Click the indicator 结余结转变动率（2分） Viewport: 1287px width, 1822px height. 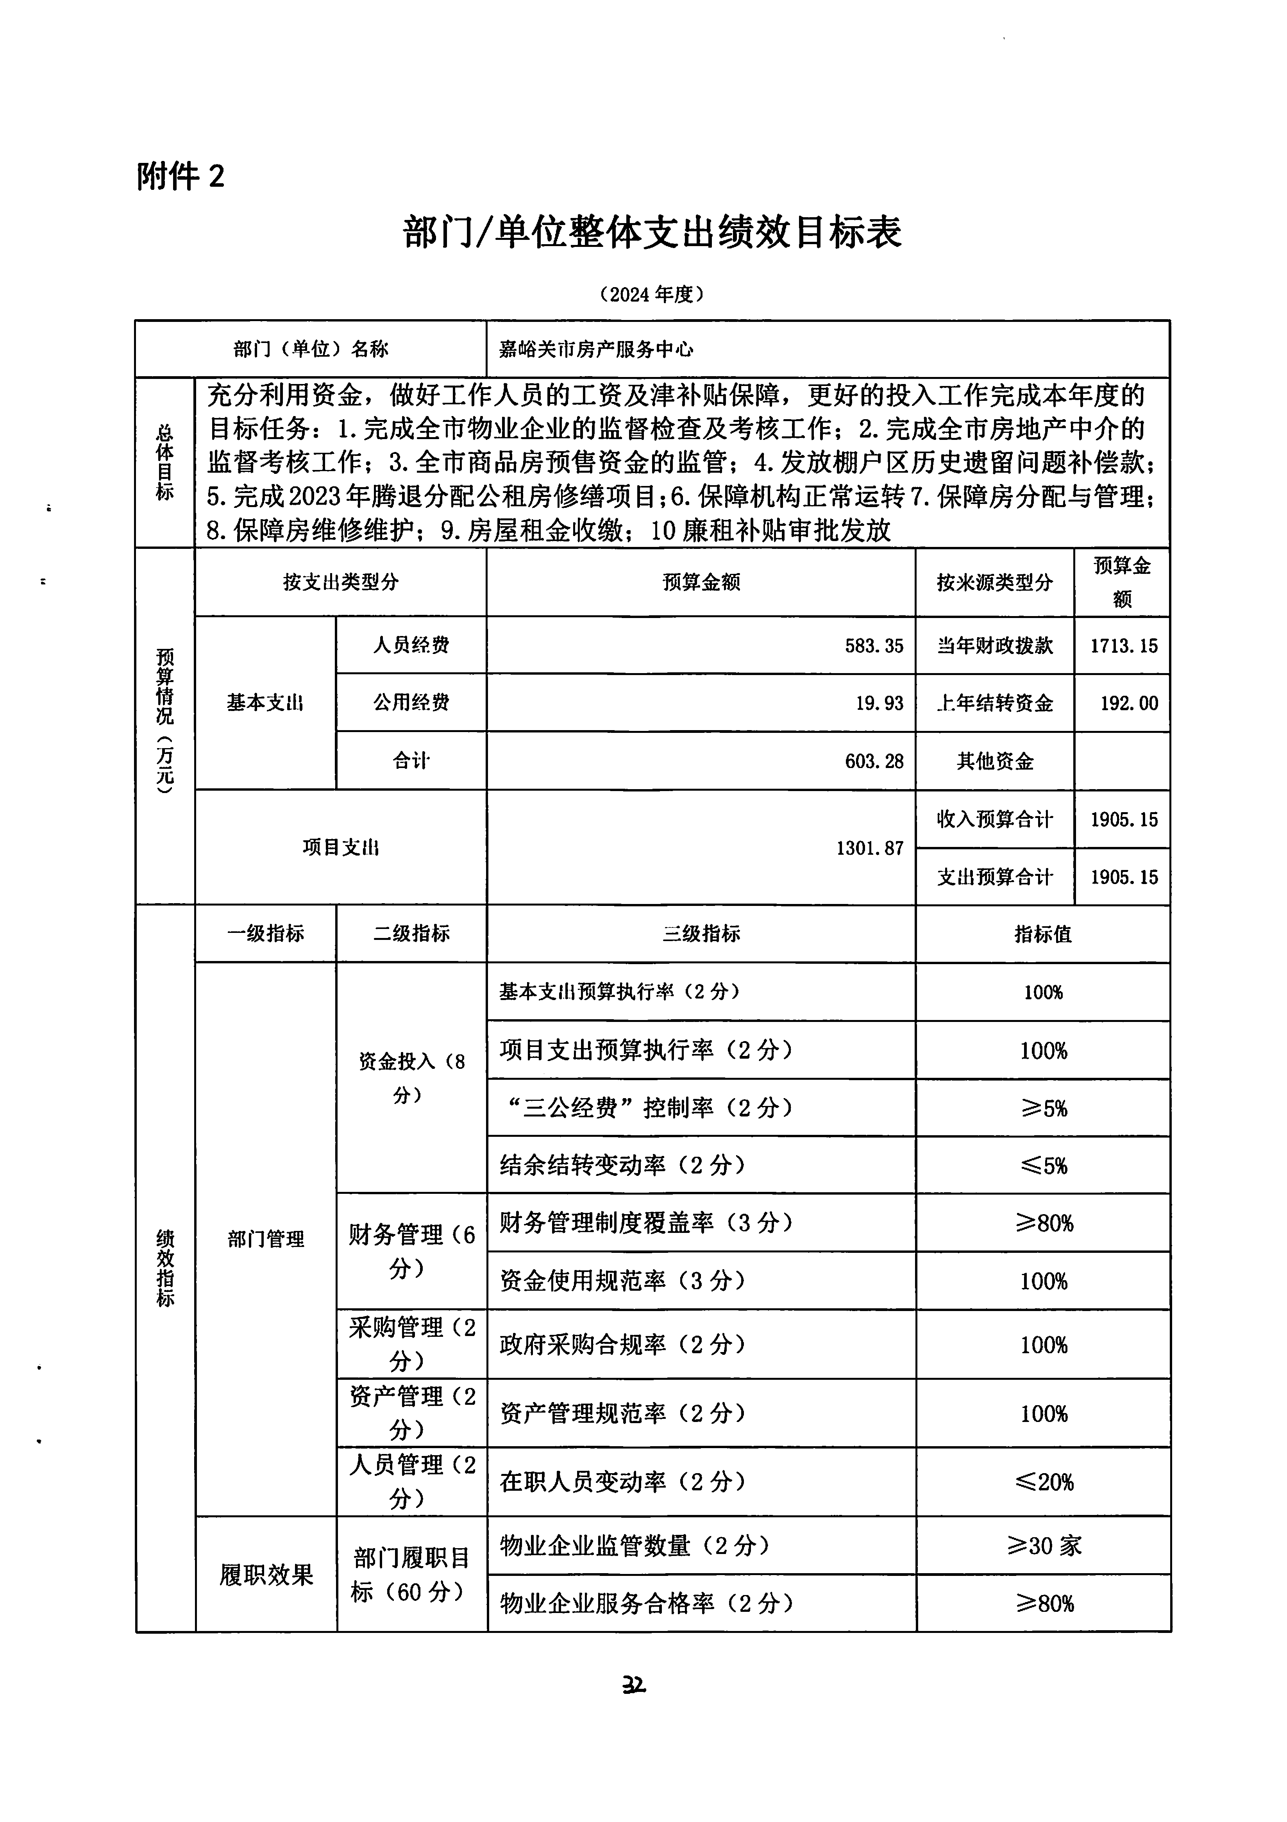pyautogui.click(x=623, y=1165)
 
